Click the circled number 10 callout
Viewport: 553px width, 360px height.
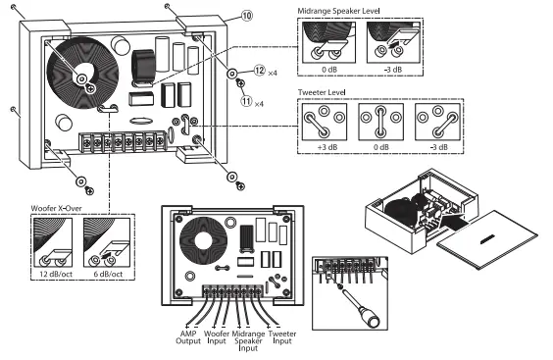click(246, 16)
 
